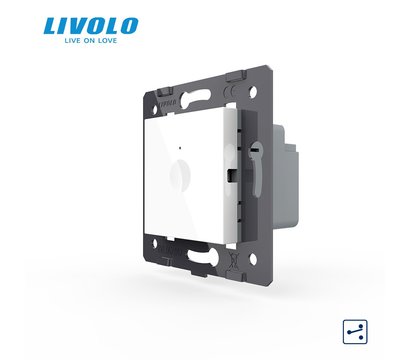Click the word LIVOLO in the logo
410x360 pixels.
pos(91,26)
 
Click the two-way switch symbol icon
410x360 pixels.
pos(355,332)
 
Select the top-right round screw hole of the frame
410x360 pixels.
pos(253,90)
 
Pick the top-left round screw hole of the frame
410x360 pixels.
pos(155,110)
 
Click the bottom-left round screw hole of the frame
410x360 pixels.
pos(155,243)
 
